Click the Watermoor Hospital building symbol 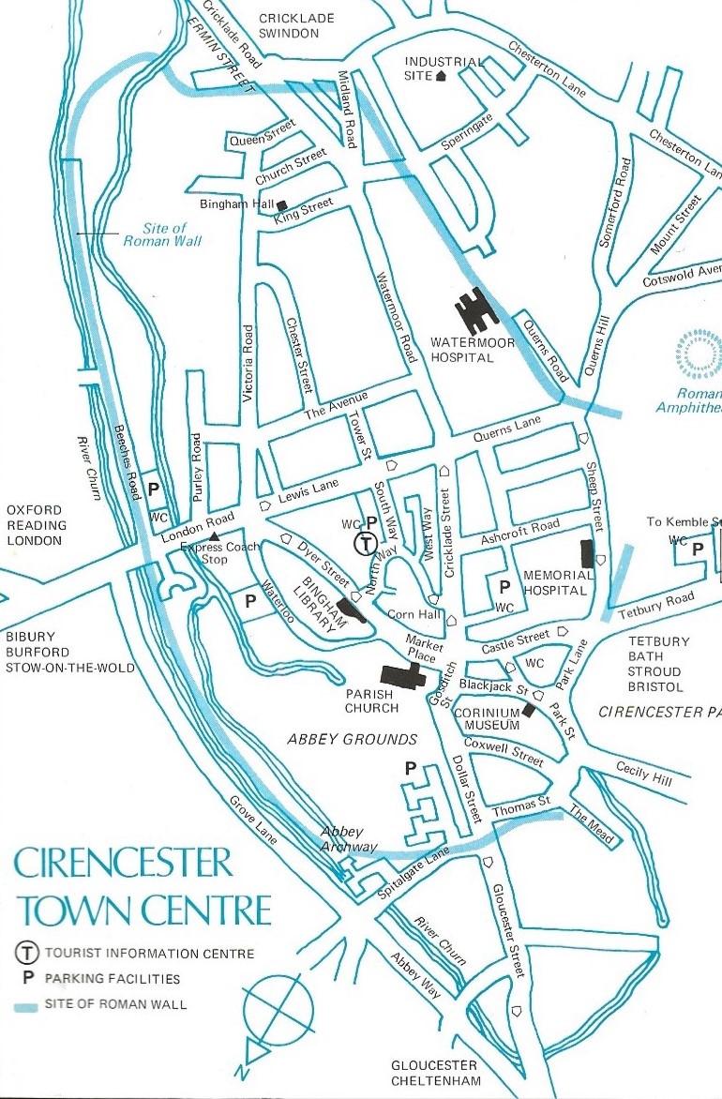(x=477, y=310)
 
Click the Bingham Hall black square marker (x=280, y=204)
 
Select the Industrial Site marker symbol (x=441, y=77)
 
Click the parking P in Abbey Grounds (x=410, y=768)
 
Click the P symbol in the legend (x=27, y=980)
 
